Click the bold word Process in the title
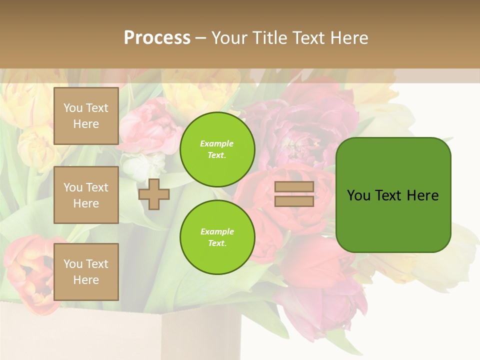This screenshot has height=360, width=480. click(x=157, y=37)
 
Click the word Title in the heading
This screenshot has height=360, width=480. click(x=269, y=37)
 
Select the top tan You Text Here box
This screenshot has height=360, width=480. click(x=86, y=116)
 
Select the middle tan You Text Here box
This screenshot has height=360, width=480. click(x=86, y=195)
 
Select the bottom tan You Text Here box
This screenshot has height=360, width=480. click(x=86, y=272)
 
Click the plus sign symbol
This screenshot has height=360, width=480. click(x=154, y=194)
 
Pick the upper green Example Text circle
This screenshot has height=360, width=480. click(x=217, y=149)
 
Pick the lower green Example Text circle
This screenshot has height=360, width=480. click(x=217, y=237)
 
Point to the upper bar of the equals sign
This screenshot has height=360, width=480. click(x=294, y=187)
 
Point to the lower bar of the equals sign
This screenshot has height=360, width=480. click(x=294, y=201)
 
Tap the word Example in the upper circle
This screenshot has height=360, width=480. click(x=217, y=143)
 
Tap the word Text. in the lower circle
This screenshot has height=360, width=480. click(x=217, y=243)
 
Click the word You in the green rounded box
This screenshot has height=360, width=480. click(x=358, y=195)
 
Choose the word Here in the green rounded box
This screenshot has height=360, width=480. click(x=422, y=195)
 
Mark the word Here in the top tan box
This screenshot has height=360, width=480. click(x=86, y=124)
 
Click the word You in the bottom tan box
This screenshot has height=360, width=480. click(x=73, y=264)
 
